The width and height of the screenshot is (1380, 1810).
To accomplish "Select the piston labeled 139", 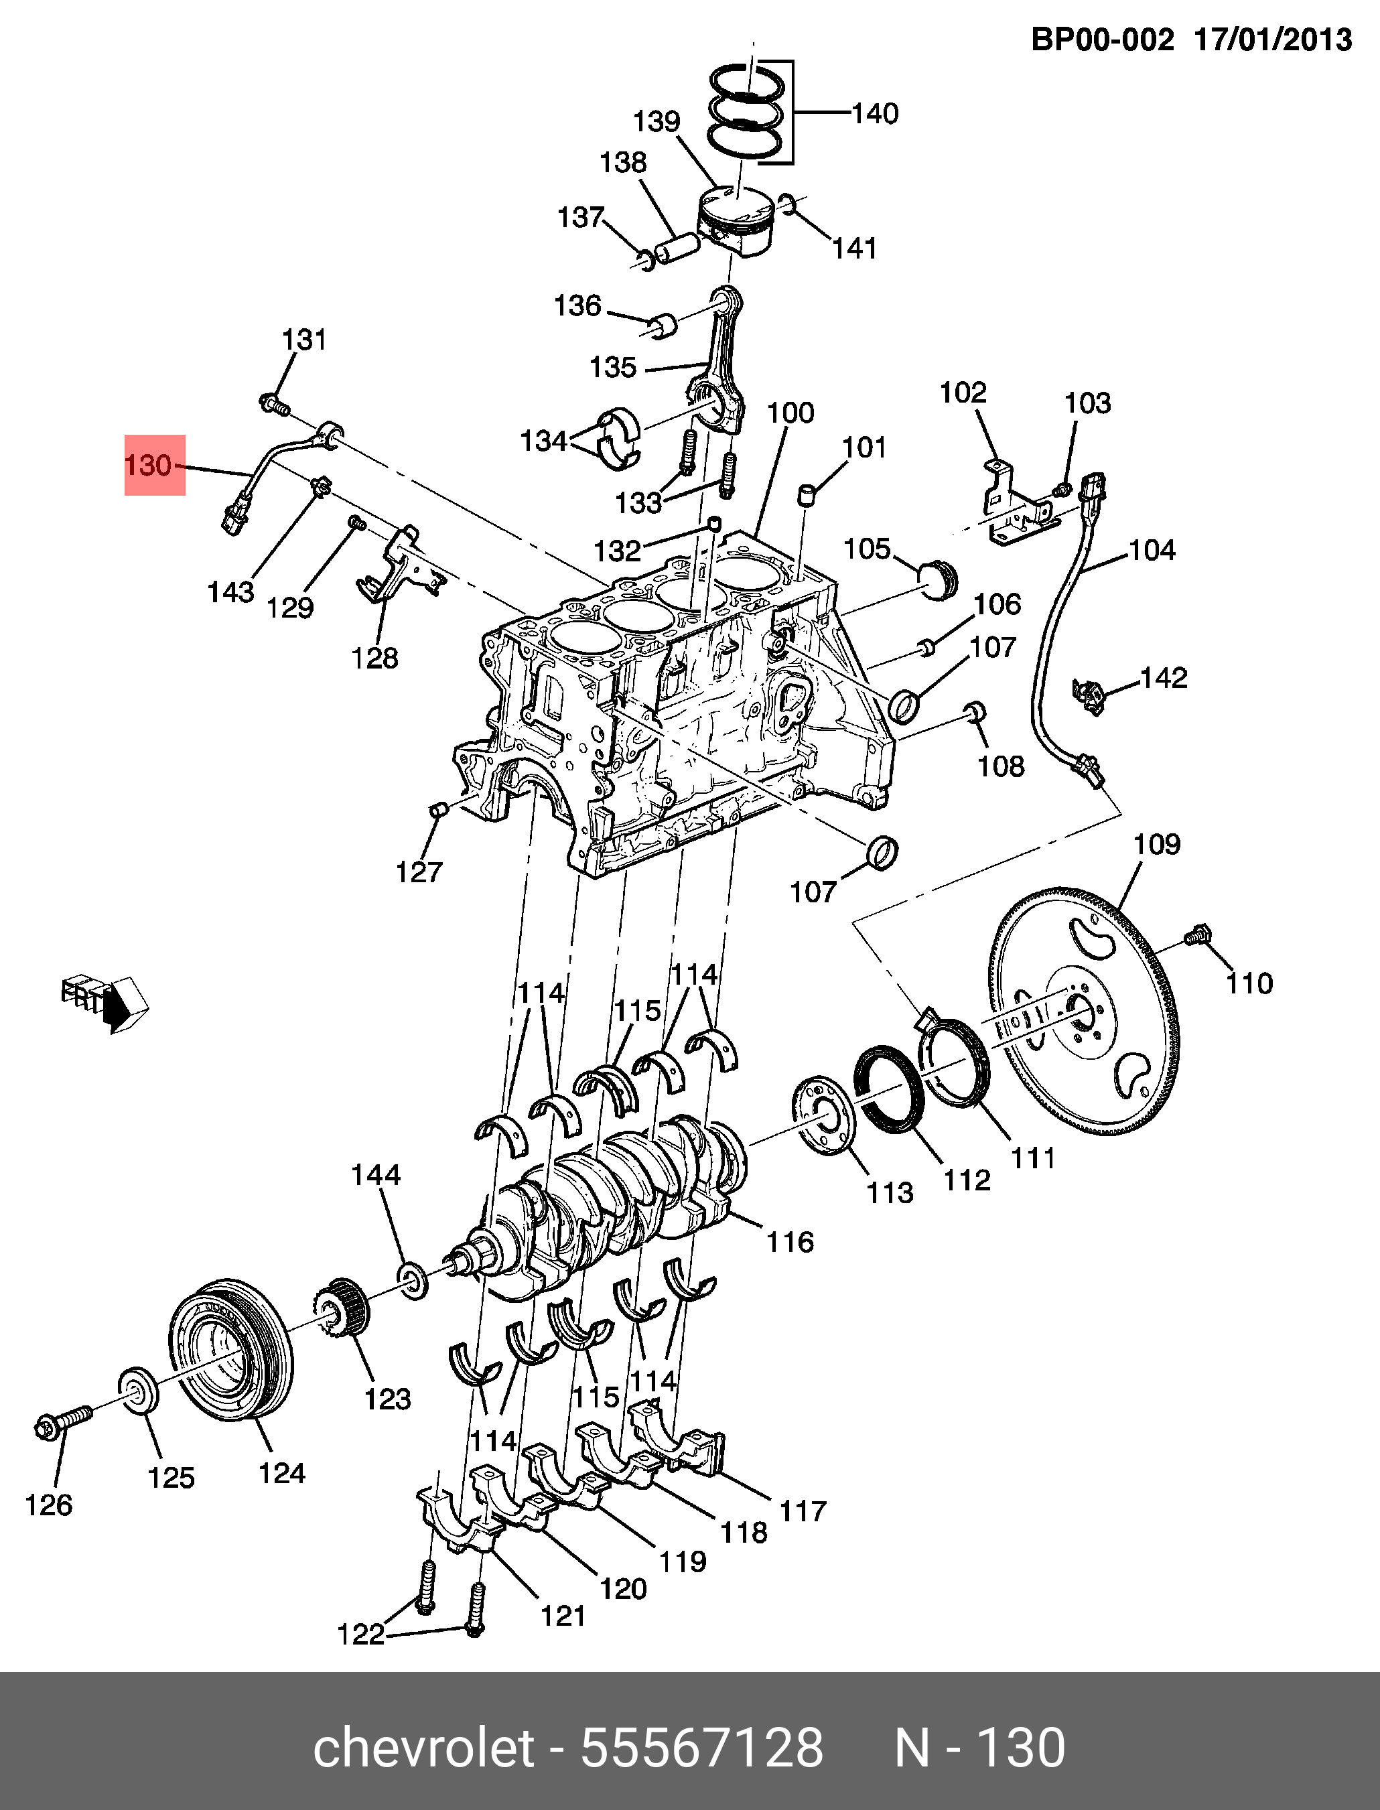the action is tap(736, 222).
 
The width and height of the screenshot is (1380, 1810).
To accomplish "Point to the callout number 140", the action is tap(875, 113).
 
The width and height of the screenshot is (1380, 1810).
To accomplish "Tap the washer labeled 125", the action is tap(137, 1387).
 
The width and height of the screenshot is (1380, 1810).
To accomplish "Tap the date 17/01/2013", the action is tap(1272, 40).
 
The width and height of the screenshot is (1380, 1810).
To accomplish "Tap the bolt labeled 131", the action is tap(273, 403).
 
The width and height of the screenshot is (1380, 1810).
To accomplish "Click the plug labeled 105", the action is tap(938, 579).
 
